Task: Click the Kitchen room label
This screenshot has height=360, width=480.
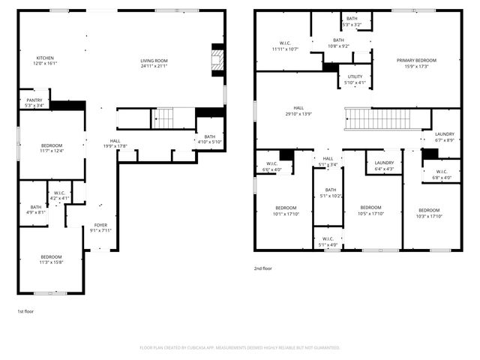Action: coord(46,58)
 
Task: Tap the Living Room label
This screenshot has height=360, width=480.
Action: coord(154,61)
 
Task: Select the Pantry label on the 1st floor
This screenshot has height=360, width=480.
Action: coord(34,100)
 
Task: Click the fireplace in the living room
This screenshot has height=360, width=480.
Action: coord(217,59)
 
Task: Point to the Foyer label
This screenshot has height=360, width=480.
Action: coord(100,226)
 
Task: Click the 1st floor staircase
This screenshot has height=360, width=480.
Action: coord(163,118)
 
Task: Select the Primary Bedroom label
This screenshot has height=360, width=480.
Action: coord(416,61)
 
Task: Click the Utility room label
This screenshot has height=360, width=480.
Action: coord(355,77)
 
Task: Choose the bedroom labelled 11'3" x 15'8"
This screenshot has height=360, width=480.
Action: coord(52,256)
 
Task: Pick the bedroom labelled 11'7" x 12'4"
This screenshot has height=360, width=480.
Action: coord(52,145)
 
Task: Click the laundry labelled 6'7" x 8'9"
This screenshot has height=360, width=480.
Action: coord(444,134)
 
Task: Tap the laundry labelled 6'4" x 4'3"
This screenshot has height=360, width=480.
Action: coord(385,163)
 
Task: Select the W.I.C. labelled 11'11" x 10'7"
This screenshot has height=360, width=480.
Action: coord(285,43)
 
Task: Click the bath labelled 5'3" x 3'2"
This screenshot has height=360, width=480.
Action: coord(351,20)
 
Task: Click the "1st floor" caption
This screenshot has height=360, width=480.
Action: coord(26,310)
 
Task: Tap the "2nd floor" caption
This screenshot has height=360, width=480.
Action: coord(262,268)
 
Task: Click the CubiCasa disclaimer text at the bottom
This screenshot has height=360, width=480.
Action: coord(240,348)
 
